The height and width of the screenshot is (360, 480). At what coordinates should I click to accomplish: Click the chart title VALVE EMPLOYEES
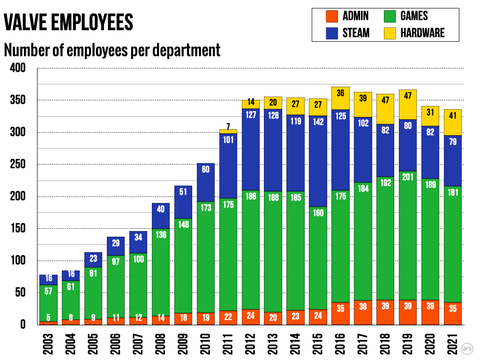68,22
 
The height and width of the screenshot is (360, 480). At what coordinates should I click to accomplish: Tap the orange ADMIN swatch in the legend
331,16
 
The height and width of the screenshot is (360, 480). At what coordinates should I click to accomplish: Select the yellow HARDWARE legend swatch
389,33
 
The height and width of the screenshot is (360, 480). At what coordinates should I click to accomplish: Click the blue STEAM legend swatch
331,33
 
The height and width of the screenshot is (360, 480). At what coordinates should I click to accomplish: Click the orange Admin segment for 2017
362,313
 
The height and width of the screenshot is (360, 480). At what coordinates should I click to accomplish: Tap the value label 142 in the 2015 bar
317,121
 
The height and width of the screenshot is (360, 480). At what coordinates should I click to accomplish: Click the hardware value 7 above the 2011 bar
228,126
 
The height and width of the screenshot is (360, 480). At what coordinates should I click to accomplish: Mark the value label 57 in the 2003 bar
48,291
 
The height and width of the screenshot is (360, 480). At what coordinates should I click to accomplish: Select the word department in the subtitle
187,50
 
